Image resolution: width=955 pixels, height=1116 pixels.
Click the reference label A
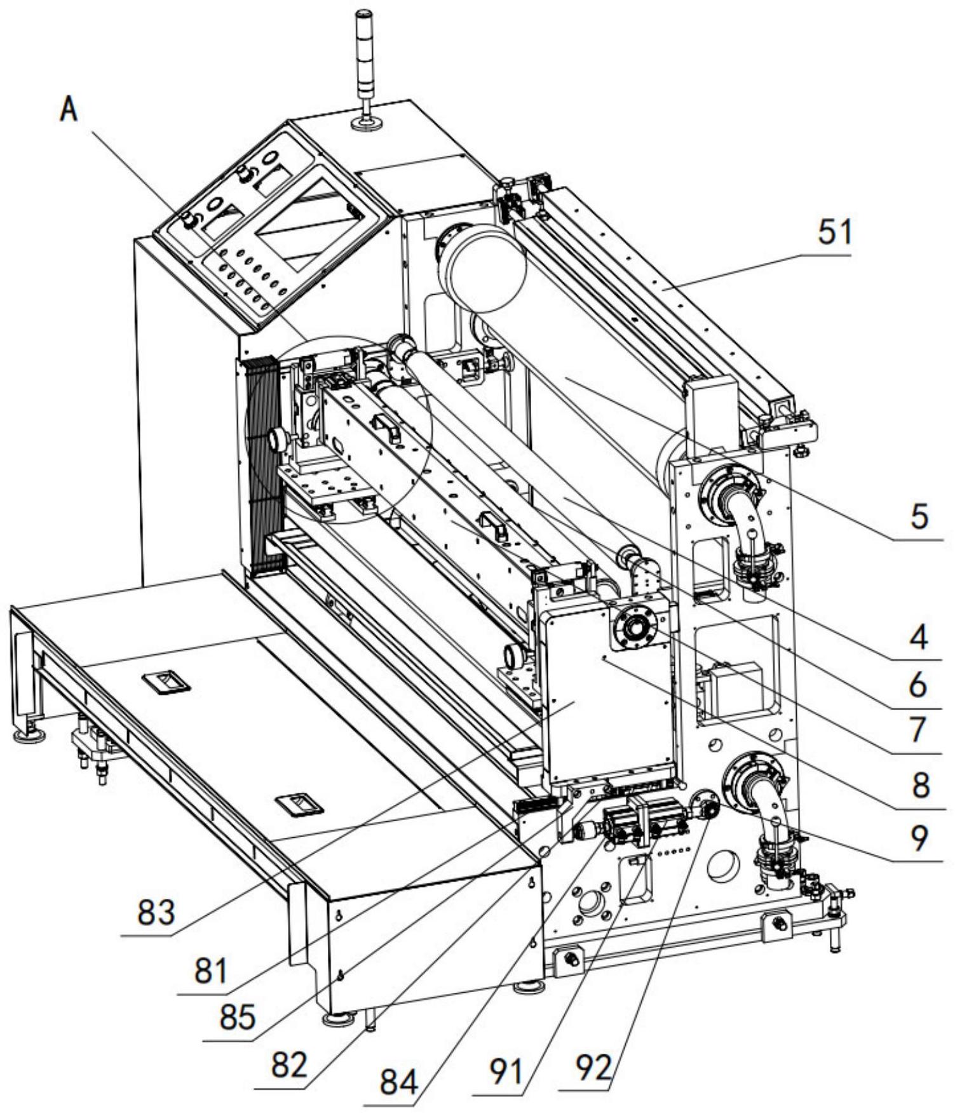[x=68, y=110]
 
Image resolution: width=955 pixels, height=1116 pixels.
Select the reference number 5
[x=919, y=517]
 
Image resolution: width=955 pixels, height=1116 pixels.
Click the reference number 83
[x=156, y=913]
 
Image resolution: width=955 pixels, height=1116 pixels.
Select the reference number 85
[x=237, y=1017]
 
